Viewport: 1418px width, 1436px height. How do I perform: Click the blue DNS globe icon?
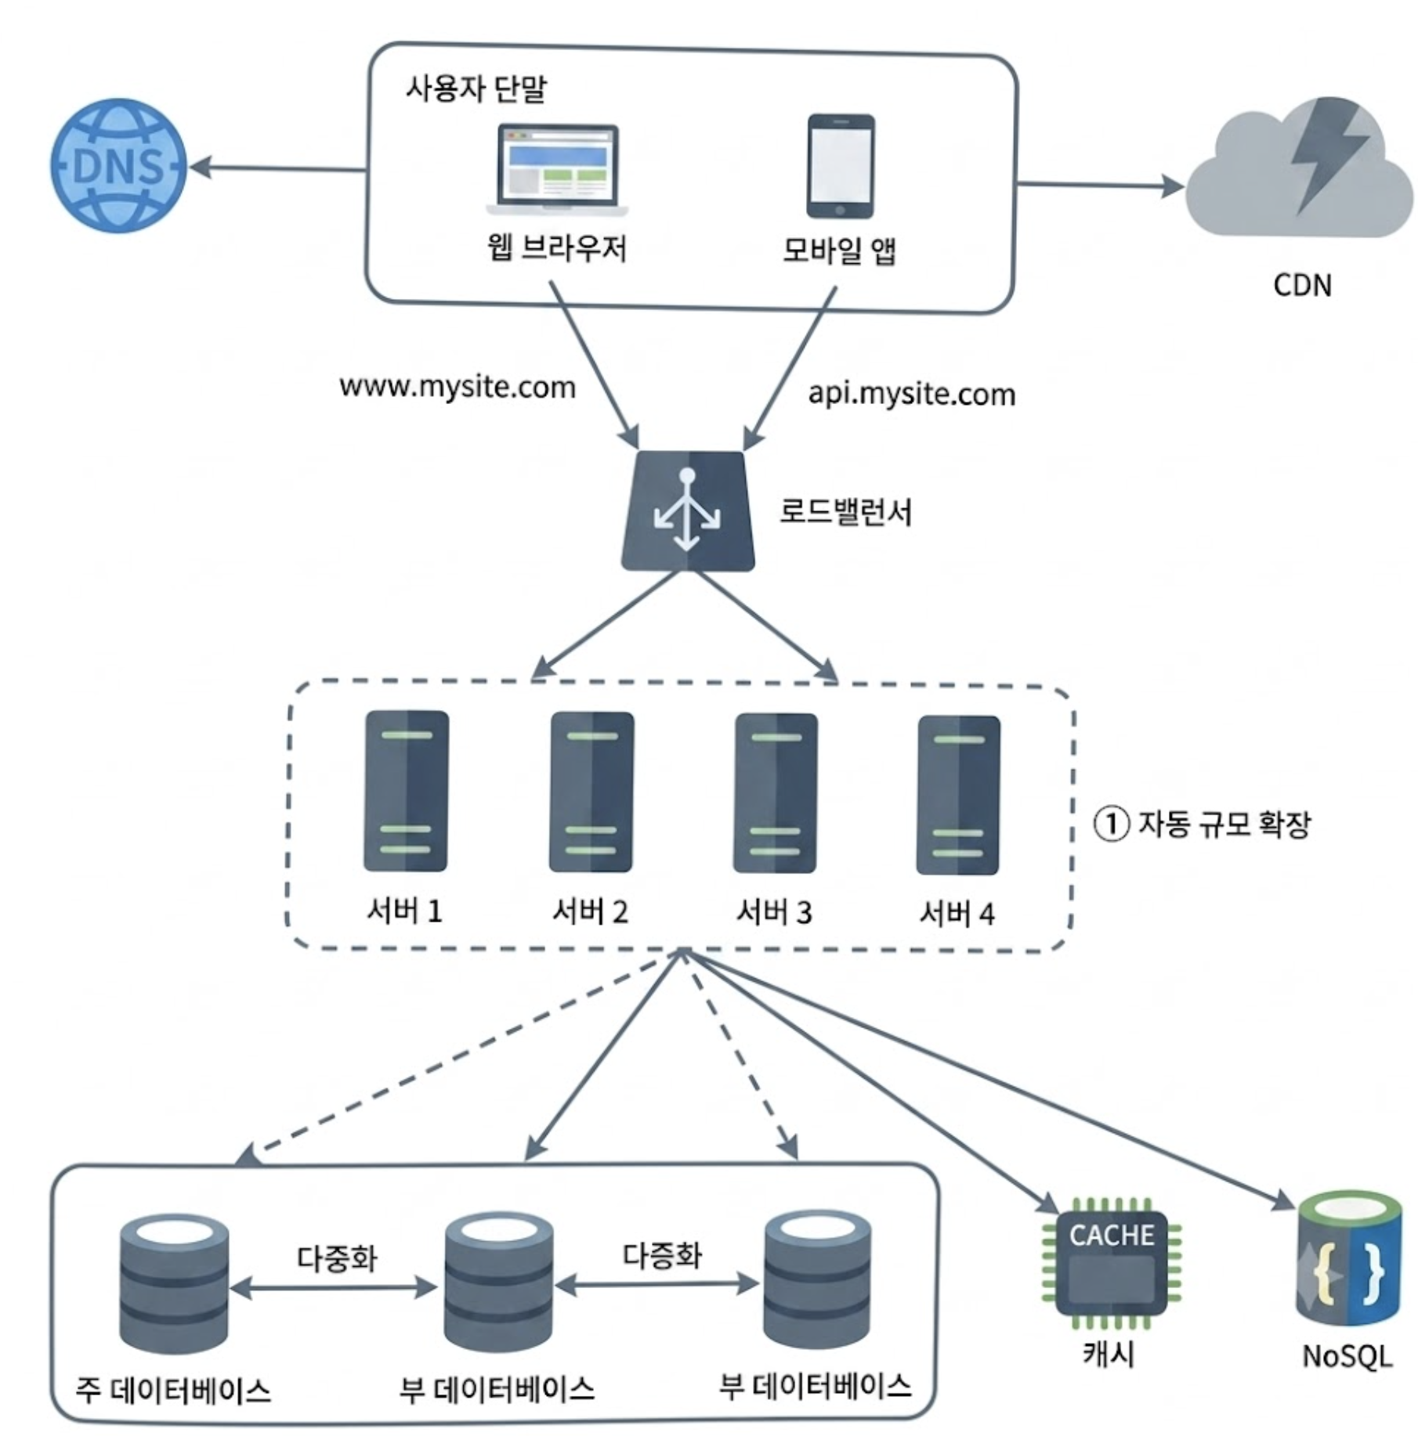point(119,165)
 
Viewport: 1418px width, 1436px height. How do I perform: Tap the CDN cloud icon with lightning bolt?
point(1300,168)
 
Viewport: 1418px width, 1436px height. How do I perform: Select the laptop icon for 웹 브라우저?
point(557,170)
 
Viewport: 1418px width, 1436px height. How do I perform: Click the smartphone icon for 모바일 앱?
point(841,166)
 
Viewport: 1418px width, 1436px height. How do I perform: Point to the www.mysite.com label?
point(458,387)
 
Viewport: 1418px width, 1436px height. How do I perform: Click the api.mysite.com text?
point(911,393)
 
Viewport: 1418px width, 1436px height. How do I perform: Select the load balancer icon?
point(688,511)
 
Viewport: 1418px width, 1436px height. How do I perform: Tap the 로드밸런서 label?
point(846,513)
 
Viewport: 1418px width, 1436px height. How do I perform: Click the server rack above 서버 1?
point(407,791)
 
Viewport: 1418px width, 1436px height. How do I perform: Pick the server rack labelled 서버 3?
point(776,793)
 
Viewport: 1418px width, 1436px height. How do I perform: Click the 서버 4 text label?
point(957,913)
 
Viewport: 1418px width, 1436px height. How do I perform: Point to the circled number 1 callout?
point(1111,824)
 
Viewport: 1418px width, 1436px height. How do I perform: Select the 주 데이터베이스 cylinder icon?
point(174,1283)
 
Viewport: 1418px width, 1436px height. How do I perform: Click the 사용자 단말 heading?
point(476,88)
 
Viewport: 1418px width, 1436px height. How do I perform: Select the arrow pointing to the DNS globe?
point(278,168)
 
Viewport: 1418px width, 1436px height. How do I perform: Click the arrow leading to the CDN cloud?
point(1101,186)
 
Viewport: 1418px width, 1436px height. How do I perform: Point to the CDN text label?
point(1302,285)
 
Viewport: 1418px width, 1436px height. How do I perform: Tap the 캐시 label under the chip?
point(1109,1353)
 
